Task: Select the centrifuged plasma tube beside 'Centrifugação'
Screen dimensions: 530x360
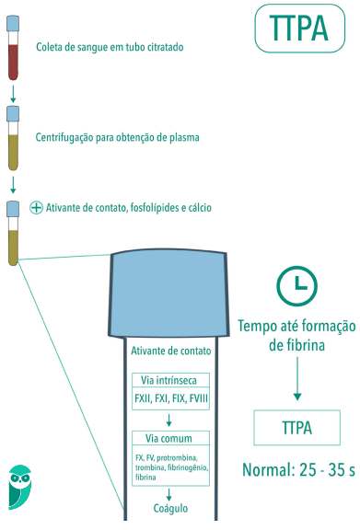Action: click(x=13, y=139)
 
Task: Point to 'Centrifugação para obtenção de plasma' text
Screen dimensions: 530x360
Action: click(x=117, y=137)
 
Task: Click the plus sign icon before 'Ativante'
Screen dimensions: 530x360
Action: click(x=37, y=208)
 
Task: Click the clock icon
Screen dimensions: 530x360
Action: click(x=296, y=286)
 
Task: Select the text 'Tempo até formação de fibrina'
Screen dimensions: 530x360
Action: click(x=296, y=336)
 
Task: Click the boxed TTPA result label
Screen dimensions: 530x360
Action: click(x=296, y=428)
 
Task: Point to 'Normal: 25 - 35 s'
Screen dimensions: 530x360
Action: click(x=297, y=470)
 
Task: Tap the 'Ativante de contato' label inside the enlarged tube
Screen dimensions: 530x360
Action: click(x=172, y=351)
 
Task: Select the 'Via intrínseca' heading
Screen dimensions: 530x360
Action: click(x=172, y=379)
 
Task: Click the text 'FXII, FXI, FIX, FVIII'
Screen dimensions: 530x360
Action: click(x=172, y=398)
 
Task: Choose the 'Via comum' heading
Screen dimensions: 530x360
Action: click(x=172, y=438)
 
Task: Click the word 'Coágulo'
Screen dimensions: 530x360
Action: click(x=172, y=507)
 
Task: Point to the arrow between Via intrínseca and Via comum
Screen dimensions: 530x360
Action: click(x=172, y=420)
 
